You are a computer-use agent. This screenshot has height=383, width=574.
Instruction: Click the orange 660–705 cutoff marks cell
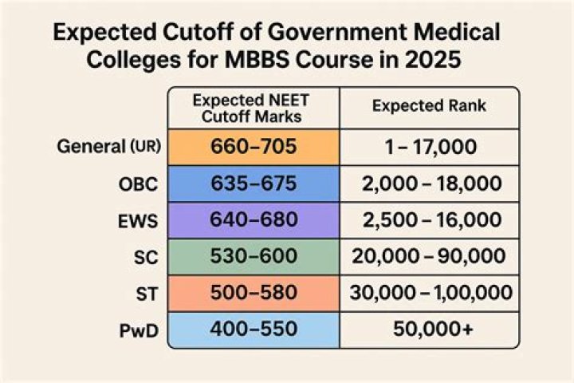click(253, 147)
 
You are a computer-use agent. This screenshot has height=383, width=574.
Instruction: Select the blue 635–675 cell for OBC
click(253, 184)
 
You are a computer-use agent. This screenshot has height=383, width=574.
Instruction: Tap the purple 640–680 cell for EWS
click(253, 219)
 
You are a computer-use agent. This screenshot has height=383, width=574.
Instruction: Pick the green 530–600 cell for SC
click(253, 256)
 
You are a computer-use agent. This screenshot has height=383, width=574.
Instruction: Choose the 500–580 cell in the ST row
click(253, 292)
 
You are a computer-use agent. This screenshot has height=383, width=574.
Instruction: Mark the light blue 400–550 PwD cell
click(253, 328)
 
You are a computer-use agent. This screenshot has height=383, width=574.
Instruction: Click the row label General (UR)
click(108, 147)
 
